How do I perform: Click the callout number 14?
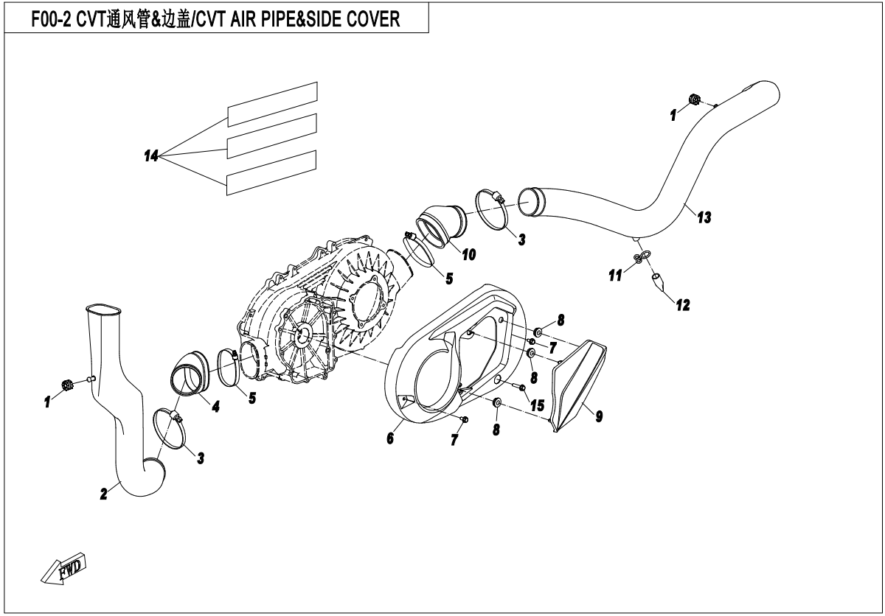pyautogui.click(x=151, y=155)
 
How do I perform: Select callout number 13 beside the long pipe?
pyautogui.click(x=704, y=217)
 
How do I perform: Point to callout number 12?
pyautogui.click(x=683, y=304)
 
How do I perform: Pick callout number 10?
pyautogui.click(x=468, y=254)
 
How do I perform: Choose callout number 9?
pyautogui.click(x=599, y=417)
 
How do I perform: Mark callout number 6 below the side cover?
pyautogui.click(x=390, y=438)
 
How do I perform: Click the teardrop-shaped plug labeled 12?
pyautogui.click(x=656, y=280)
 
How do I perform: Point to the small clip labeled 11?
pyautogui.click(x=639, y=257)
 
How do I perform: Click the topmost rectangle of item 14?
pyautogui.click(x=272, y=104)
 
